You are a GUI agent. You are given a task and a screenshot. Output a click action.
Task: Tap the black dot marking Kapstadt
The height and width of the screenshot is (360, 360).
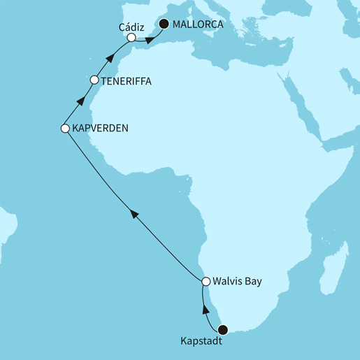223,330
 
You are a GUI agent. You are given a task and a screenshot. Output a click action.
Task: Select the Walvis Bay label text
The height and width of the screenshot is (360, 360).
240,282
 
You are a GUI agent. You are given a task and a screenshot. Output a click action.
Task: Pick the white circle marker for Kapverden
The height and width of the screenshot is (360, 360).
64,129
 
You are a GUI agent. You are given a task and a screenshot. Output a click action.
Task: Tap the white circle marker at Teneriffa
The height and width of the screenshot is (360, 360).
94,80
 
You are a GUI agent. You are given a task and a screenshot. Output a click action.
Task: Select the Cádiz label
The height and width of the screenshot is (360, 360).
131,27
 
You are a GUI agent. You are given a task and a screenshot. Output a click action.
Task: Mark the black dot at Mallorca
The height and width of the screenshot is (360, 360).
164,24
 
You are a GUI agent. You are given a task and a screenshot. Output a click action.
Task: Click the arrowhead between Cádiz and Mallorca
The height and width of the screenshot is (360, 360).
149,40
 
